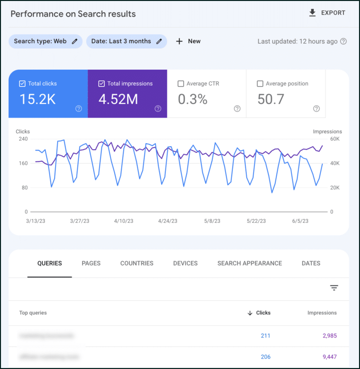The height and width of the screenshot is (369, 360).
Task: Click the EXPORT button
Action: coord(327,13)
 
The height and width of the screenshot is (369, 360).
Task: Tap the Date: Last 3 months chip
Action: coord(126,41)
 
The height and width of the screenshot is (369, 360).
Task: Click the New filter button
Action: coord(188,41)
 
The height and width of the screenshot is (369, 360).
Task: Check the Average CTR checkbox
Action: coord(181,84)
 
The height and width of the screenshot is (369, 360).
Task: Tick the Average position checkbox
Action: coord(260,84)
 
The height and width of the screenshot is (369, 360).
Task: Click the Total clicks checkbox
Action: coord(22,84)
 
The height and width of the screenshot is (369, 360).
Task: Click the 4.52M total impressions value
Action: coord(118,99)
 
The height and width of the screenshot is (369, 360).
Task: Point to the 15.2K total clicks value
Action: coord(37,99)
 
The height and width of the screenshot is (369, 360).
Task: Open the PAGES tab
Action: coord(91,263)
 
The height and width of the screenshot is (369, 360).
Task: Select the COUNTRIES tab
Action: coord(137,263)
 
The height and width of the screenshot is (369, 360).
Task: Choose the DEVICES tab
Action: coord(185,263)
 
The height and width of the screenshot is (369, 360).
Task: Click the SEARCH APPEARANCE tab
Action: coord(250,263)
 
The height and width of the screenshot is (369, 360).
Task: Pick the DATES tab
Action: coord(311,263)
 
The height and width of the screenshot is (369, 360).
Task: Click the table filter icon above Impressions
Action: coord(334,288)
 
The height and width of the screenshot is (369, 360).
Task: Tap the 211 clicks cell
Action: coord(265,336)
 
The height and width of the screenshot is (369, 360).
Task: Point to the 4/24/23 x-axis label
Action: coord(167,221)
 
